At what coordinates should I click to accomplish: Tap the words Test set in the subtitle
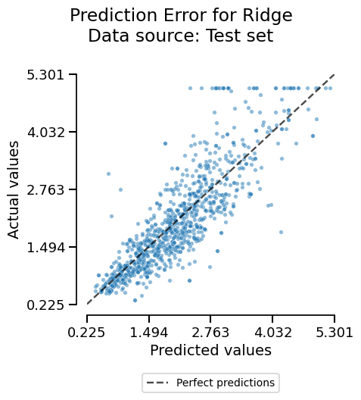coord(237,35)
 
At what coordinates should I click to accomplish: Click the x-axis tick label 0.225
coord(86,332)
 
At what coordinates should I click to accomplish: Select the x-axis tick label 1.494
coord(148,332)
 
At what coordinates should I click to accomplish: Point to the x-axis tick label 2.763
coord(210,332)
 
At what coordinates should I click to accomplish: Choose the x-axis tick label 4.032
coord(272,332)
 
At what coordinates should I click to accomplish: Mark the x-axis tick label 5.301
coord(334,332)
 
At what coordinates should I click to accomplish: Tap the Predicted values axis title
coord(210,350)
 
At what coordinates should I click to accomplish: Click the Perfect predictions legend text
coord(225,383)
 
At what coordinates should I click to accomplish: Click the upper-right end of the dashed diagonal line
coord(334,74)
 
